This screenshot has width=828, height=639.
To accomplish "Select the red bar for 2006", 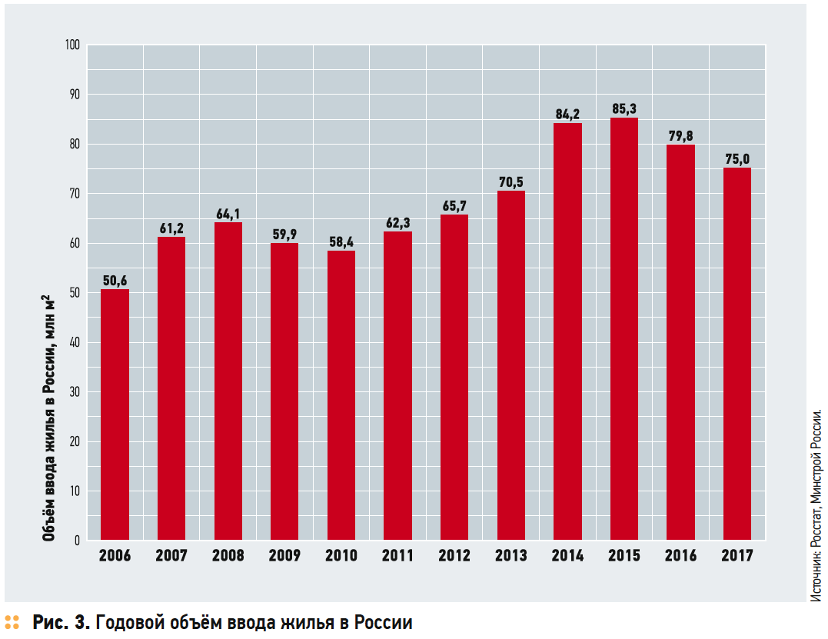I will [x=115, y=414].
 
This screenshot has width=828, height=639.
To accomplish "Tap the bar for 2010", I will [x=341, y=395].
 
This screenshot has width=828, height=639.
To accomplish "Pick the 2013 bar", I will [x=510, y=365].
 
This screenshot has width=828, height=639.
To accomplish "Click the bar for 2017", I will [x=737, y=354].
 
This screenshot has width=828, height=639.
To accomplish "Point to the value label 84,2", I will [x=567, y=115].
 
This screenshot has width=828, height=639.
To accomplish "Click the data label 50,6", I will [x=115, y=281].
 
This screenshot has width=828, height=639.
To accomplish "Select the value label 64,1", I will [x=228, y=214].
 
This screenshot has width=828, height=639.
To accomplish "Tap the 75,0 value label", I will [x=737, y=159].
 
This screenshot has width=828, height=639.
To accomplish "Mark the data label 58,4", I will [x=341, y=242].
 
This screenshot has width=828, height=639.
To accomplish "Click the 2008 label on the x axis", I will [x=228, y=556].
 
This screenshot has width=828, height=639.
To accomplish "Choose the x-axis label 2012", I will [x=454, y=556].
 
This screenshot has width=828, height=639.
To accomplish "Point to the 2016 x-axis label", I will [x=680, y=556].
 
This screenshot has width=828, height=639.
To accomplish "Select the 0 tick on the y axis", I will [x=77, y=541].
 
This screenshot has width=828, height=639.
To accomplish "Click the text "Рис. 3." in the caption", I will [x=61, y=622].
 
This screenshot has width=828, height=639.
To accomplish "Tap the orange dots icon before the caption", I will [x=12, y=622].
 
